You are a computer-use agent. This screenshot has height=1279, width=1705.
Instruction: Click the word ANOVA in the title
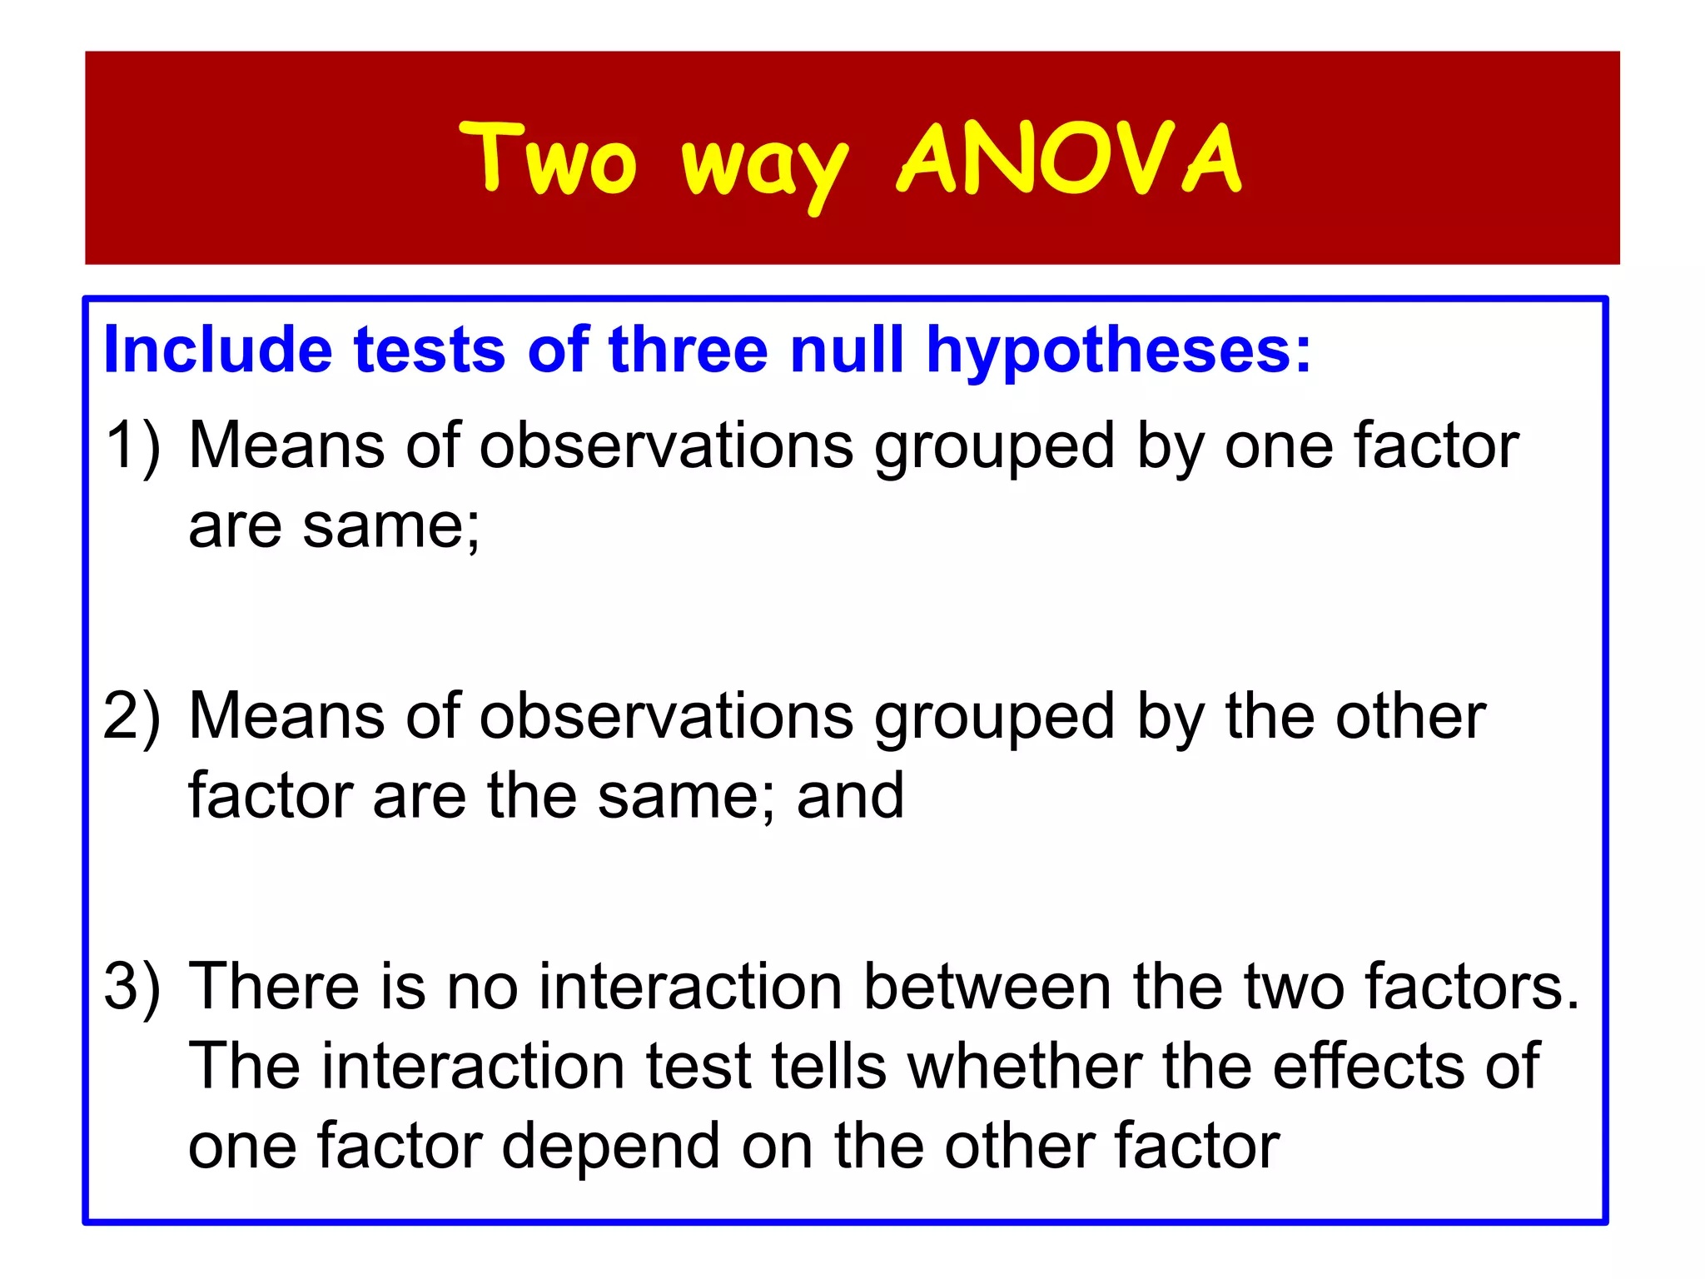pos(1070,158)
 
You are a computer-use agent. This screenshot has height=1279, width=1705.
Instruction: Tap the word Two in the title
pos(549,158)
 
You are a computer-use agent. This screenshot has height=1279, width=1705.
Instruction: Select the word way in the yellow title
pos(765,167)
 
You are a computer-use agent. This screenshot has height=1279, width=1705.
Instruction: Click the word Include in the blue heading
pos(218,350)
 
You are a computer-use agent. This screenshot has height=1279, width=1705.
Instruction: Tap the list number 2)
pos(132,716)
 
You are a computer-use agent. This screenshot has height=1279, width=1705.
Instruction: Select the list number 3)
pos(132,987)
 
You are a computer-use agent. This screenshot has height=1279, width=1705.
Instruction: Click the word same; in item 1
pos(391,527)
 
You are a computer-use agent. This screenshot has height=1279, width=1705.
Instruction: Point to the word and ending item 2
pos(850,796)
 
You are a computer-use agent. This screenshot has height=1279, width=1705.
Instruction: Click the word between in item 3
pos(987,987)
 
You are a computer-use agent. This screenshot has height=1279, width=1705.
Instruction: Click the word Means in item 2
pos(286,716)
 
